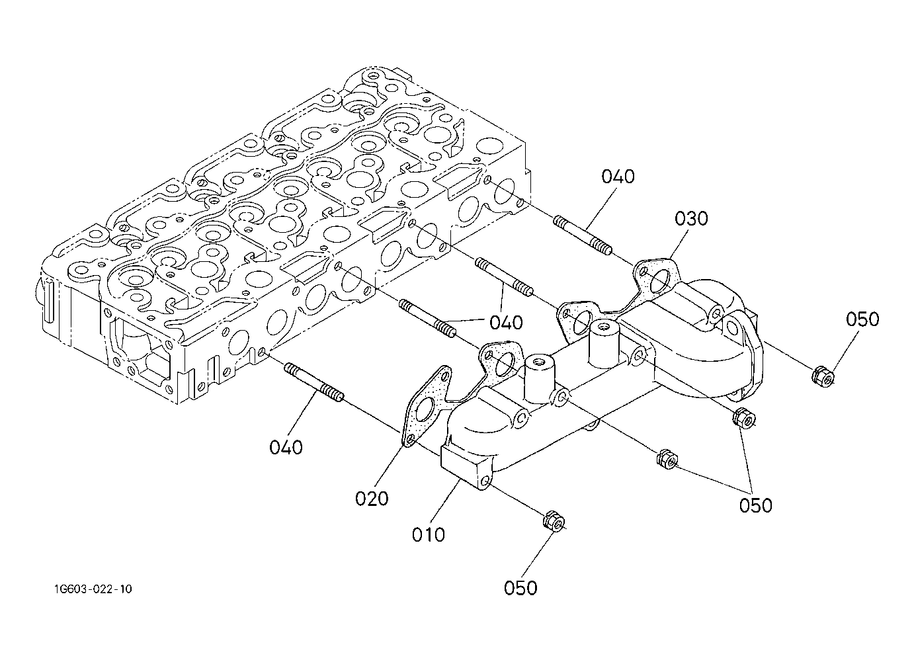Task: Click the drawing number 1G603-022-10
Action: [93, 589]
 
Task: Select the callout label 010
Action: [429, 534]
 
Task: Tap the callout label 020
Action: [372, 499]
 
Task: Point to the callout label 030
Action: [691, 219]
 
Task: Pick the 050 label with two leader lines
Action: [756, 505]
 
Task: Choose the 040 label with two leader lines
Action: [506, 323]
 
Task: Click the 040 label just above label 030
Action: [618, 177]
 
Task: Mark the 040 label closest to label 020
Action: [286, 448]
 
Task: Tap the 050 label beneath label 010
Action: [520, 588]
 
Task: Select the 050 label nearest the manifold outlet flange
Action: [862, 319]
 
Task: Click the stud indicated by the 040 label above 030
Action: [582, 235]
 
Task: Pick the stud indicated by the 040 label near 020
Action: [314, 382]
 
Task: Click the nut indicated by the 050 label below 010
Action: [554, 520]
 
